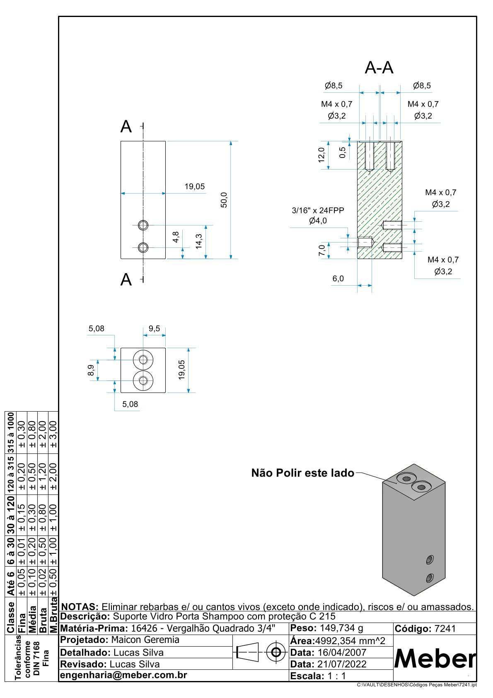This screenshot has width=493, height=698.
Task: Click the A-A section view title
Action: pyautogui.click(x=379, y=67)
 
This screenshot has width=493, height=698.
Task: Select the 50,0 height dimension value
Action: pyautogui.click(x=224, y=200)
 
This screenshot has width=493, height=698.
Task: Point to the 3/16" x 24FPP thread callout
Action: pyautogui.click(x=318, y=210)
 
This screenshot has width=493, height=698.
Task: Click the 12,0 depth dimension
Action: pyautogui.click(x=321, y=155)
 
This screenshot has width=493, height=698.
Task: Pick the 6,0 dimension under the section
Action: pyautogui.click(x=338, y=279)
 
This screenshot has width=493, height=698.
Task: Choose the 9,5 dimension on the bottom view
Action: pyautogui.click(x=154, y=328)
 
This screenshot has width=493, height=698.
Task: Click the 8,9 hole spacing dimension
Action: pyautogui.click(x=91, y=370)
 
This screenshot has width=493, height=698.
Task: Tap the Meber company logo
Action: pyautogui.click(x=435, y=659)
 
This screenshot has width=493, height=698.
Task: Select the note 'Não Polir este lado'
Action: pyautogui.click(x=303, y=473)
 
